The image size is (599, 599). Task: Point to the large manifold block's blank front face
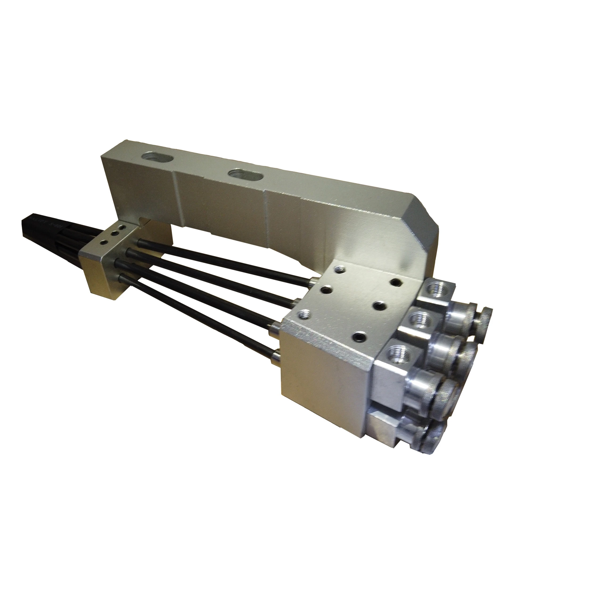(x=326, y=378)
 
